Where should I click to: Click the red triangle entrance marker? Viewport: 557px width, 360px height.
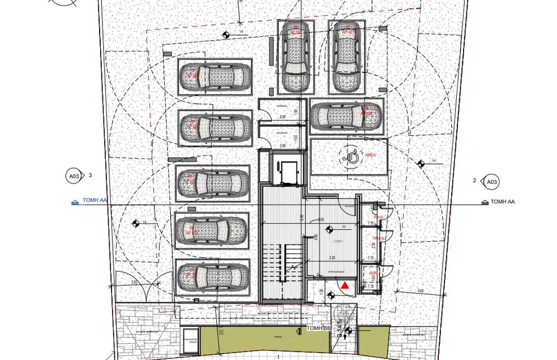tap(345, 286)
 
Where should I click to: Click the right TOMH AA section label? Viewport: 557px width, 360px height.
tap(502, 202)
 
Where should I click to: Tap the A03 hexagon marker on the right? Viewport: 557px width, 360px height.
tap(491, 182)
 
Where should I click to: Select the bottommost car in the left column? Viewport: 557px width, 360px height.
tap(211, 277)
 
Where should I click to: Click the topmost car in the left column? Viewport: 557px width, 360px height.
tap(214, 74)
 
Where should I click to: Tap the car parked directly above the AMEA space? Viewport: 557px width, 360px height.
tap(346, 115)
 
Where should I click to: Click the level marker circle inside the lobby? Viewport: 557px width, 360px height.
tap(329, 230)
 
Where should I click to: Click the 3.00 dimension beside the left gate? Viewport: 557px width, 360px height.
tap(135, 281)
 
